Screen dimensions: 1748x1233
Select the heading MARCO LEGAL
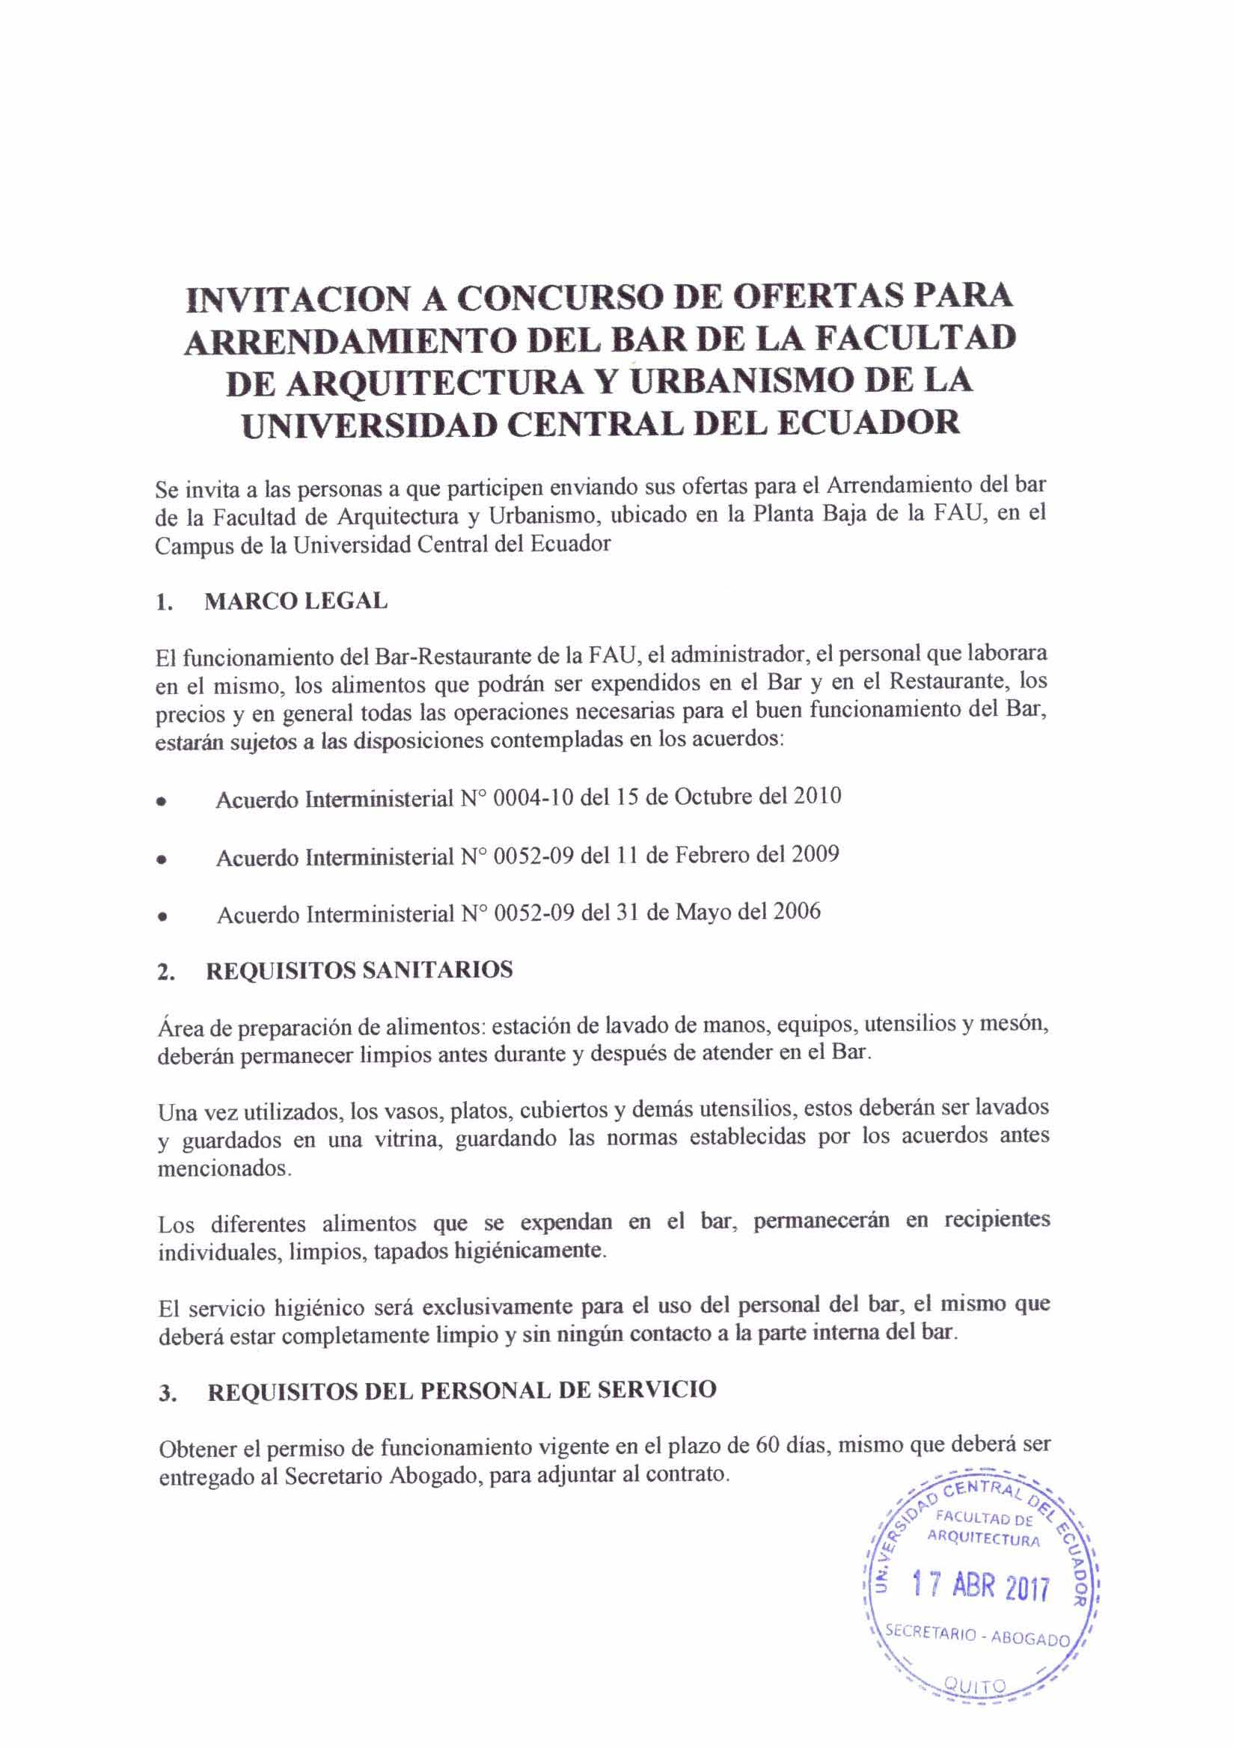coord(296,601)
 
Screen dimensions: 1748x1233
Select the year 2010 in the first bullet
coord(816,796)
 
